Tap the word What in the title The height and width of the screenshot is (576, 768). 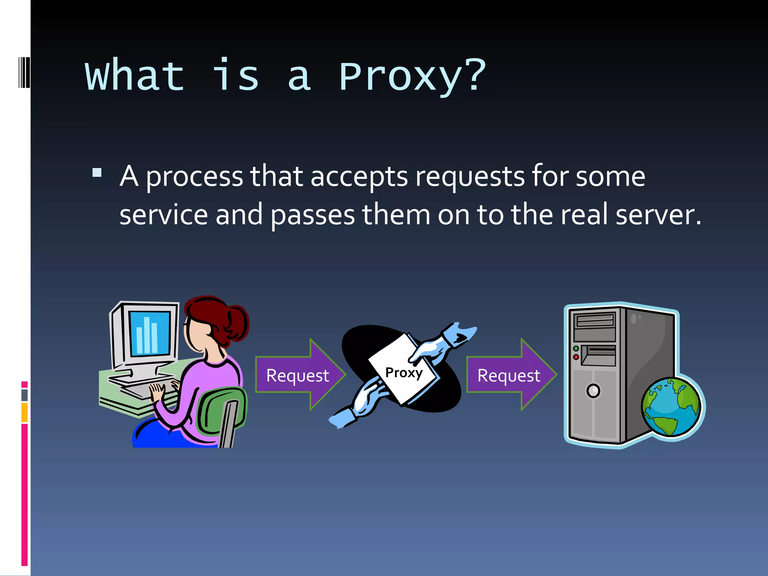coord(135,76)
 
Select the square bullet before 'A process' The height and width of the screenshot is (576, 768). coord(97,172)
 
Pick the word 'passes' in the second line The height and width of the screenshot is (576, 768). coord(312,216)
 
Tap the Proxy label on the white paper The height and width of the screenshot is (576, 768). coord(404,373)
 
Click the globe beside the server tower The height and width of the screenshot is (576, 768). coord(671,407)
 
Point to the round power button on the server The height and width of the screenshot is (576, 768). coord(593,391)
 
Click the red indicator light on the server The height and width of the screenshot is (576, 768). coord(576,357)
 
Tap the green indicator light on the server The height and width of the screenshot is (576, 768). coord(576,349)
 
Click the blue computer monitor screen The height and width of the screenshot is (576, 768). coord(150,333)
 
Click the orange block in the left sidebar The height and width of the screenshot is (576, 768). coord(24,412)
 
